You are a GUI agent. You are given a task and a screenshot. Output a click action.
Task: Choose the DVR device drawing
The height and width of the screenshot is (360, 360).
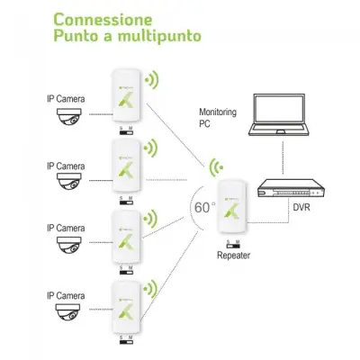click(290, 190)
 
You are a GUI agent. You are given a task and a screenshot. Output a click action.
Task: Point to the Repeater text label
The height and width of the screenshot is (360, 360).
click(233, 255)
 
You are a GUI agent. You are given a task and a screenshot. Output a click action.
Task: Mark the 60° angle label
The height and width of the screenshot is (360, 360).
click(204, 206)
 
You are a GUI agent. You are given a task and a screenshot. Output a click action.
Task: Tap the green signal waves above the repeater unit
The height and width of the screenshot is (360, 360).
click(215, 166)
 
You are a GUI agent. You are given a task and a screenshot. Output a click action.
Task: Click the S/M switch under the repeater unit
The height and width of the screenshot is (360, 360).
click(232, 244)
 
